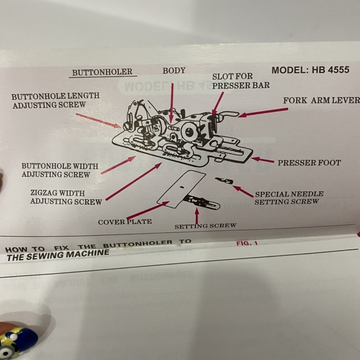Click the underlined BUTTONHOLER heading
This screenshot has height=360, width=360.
(x=102, y=72)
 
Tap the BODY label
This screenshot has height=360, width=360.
(x=174, y=71)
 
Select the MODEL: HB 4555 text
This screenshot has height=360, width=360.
(x=310, y=70)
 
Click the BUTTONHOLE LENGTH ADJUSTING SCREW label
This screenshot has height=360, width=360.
(x=55, y=100)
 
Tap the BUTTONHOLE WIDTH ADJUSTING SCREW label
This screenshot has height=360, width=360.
(x=60, y=170)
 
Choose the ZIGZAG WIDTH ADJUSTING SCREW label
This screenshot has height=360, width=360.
(x=66, y=198)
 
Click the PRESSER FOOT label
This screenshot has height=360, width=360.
(x=309, y=162)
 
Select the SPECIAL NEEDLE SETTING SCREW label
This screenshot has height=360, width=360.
(x=289, y=198)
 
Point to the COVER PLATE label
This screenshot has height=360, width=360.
(x=125, y=221)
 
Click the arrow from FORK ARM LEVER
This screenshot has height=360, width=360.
(x=263, y=112)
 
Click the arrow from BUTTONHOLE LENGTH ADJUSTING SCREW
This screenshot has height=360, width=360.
(x=98, y=120)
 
